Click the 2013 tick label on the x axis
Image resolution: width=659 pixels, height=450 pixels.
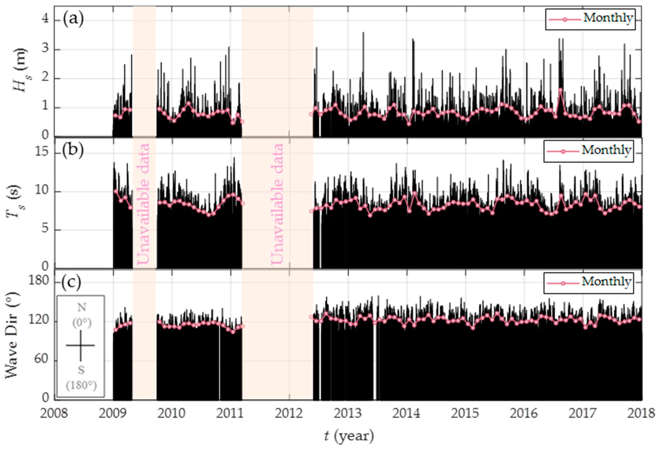pyautogui.click(x=348, y=413)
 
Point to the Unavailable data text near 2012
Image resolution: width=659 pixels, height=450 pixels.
pyautogui.click(x=277, y=204)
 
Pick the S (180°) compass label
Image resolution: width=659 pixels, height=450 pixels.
pyautogui.click(x=81, y=377)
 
